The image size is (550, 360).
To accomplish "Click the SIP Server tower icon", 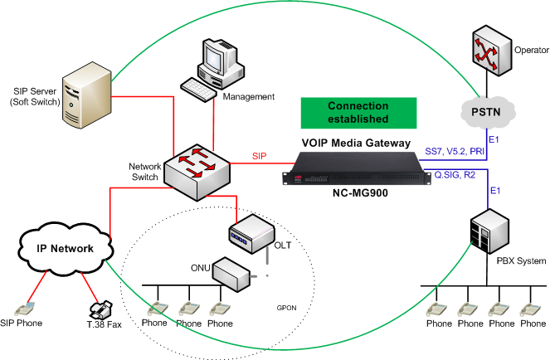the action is point(87,95).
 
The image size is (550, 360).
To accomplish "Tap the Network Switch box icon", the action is point(197,172).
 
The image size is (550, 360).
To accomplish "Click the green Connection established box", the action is point(358,113).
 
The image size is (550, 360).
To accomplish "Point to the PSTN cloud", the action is point(487,112).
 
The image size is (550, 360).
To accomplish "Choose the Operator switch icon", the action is point(491,51).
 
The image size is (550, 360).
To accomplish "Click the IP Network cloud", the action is point(66,248).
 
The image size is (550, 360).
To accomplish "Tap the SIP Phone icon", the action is point(25,309).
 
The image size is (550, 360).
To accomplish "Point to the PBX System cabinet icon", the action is point(489,231).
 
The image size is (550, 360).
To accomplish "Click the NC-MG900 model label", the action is point(360,193).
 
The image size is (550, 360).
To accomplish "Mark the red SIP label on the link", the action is point(259,156).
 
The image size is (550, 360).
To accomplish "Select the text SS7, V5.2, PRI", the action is point(455,151).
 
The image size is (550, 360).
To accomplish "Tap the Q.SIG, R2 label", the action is point(455,174).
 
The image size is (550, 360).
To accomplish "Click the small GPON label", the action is point(286,308).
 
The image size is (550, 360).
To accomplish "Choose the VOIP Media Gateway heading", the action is point(356,143).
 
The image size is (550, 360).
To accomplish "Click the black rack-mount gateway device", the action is point(357,168).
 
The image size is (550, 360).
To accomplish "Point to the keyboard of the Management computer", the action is point(198,90).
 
